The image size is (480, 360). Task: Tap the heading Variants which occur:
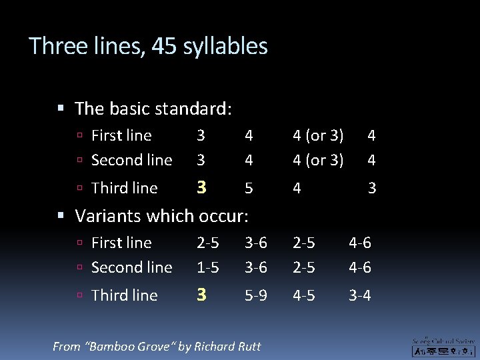[161, 215]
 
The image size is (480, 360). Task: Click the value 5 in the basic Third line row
[249, 189]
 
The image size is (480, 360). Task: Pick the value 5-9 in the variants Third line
[255, 295]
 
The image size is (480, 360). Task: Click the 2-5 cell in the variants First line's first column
[208, 243]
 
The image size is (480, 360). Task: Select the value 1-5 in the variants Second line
[208, 267]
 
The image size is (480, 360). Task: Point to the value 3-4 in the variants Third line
[360, 295]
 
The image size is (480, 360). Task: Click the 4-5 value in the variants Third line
[304, 295]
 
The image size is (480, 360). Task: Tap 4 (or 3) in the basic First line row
[319, 135]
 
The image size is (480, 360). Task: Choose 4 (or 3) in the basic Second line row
[319, 160]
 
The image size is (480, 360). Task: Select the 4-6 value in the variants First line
[360, 243]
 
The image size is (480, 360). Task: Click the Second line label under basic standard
[131, 160]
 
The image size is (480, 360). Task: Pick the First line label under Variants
[121, 243]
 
